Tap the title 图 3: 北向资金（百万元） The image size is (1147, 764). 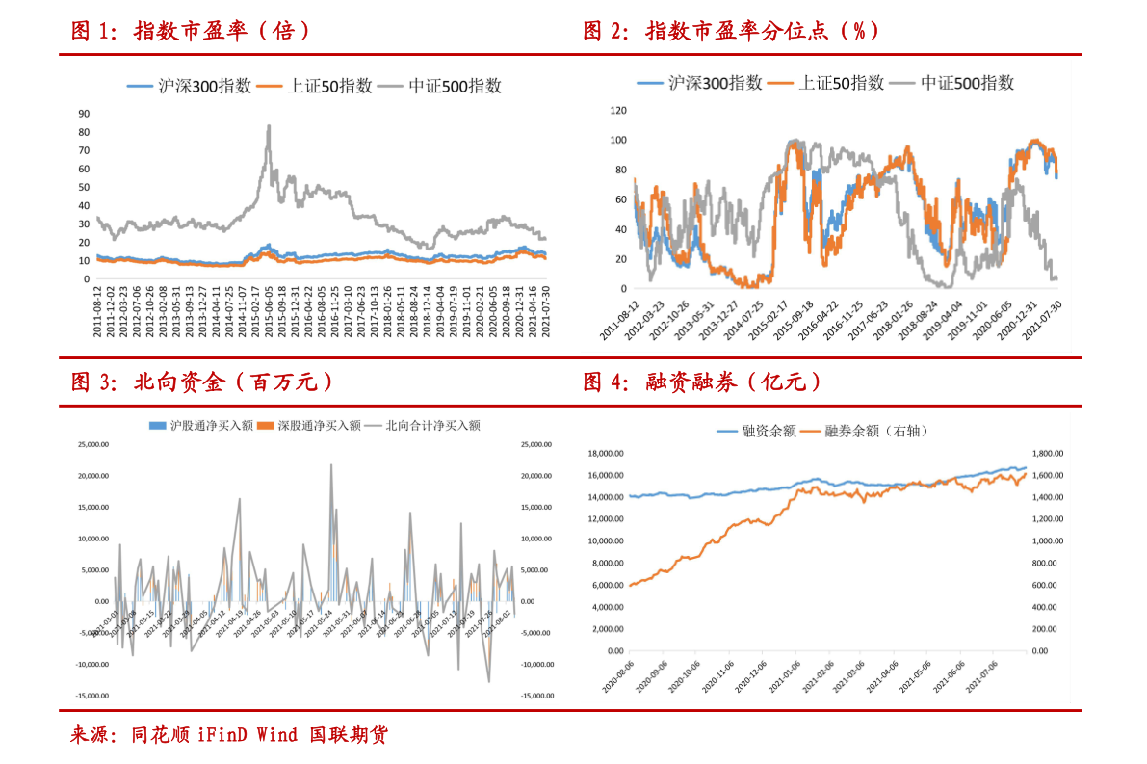click(203, 382)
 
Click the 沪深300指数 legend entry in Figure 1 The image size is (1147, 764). click(191, 86)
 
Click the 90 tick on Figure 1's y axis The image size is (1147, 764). click(85, 113)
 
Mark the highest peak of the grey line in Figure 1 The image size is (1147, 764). click(269, 125)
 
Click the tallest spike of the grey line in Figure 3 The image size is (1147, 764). click(332, 465)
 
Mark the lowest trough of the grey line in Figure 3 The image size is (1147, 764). click(488, 681)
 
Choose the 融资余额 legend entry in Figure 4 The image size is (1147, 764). click(756, 431)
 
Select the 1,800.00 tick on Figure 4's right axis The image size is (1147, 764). click(1046, 453)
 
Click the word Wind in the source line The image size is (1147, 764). click(276, 736)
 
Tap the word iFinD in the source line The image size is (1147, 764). click(222, 736)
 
